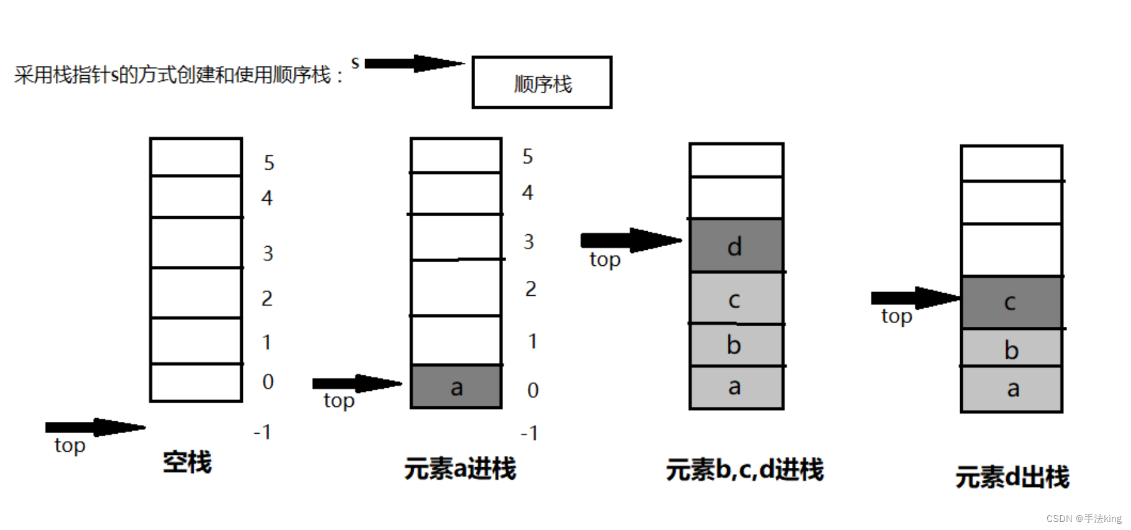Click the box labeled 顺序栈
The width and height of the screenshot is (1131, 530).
coord(542,83)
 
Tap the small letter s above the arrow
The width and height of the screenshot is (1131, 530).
coord(355,62)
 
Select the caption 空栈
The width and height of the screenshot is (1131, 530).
coord(187,462)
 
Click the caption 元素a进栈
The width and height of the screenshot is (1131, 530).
coord(460,468)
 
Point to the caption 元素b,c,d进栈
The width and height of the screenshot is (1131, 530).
coord(744,470)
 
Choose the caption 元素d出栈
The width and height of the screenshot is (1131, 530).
coord(1012,477)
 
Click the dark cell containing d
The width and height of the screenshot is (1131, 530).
coord(736,246)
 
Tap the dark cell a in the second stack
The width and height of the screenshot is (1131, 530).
coord(456,386)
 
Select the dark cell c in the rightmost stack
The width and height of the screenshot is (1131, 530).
coord(1011,303)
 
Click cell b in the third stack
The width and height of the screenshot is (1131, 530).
coord(736,345)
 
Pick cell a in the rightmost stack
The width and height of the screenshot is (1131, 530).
coord(1012,389)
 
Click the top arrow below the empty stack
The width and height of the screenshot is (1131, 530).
coord(94,427)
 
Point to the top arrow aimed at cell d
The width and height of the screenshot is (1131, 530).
coord(630,240)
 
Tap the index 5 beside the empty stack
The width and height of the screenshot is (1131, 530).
coord(269,163)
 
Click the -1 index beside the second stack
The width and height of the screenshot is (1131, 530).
coord(529,432)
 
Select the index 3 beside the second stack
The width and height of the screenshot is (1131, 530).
coord(529,242)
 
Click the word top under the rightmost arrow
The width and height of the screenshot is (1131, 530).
coord(896,317)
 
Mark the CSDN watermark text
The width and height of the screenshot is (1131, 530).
coord(1084,518)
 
